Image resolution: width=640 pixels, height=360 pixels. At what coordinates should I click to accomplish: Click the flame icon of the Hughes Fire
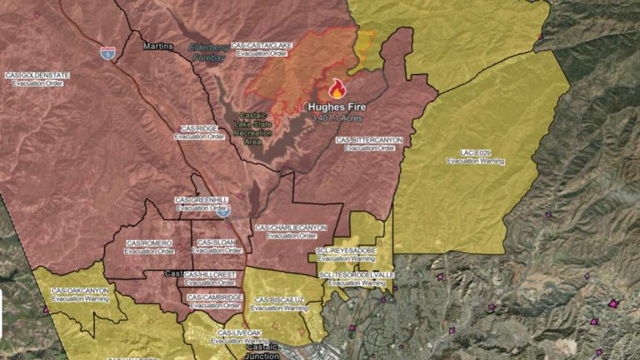click(x=337, y=89)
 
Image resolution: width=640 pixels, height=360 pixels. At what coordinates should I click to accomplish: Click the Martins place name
click(x=157, y=46)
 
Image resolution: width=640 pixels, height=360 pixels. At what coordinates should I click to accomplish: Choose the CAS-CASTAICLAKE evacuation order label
click(x=262, y=49)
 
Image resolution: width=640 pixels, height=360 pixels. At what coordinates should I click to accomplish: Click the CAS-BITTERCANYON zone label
click(x=370, y=143)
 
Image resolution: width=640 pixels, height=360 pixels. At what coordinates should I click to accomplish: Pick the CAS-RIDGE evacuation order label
click(x=199, y=132)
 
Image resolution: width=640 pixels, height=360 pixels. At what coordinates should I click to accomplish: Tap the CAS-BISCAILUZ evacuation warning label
click(x=278, y=303)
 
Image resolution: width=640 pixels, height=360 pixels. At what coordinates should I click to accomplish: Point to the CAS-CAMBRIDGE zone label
click(x=213, y=301)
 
